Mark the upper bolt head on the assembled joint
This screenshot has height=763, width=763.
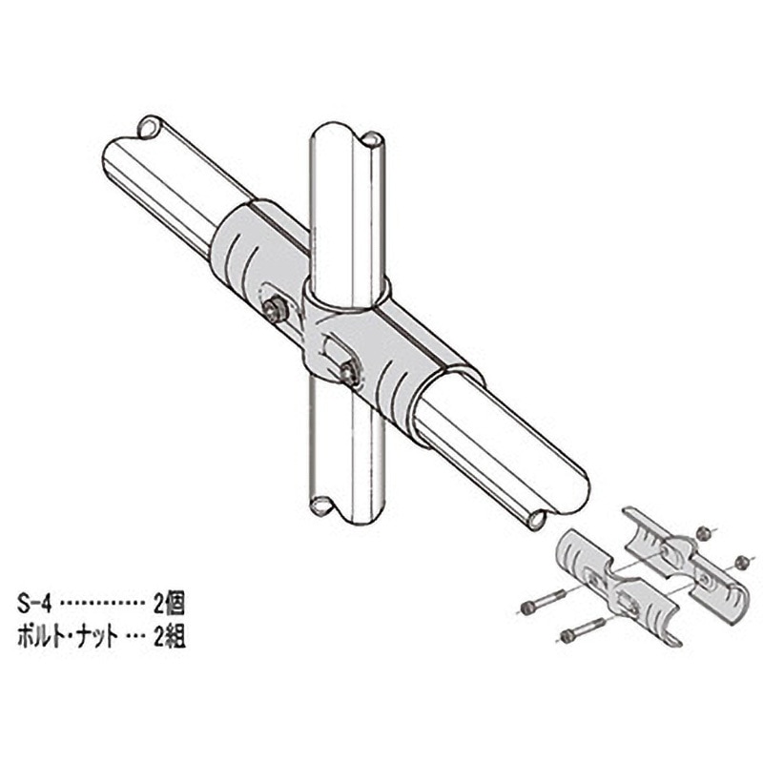pyautogui.click(x=277, y=310)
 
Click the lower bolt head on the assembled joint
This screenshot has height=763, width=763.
pyautogui.click(x=350, y=373)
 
